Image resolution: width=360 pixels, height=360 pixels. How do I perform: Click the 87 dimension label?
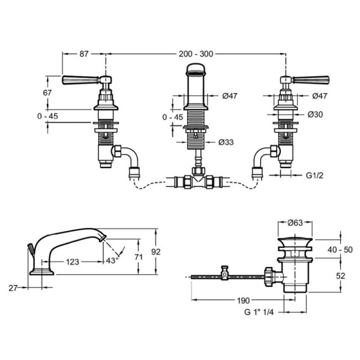pos(84,54)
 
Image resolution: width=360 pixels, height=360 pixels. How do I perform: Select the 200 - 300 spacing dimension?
pos(196,54)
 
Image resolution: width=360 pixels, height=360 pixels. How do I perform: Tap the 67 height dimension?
pos(47,93)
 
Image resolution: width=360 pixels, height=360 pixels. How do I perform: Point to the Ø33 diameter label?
pos(226,142)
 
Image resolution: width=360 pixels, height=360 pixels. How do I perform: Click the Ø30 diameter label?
pos(315,114)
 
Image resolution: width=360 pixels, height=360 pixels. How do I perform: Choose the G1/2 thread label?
pos(314,175)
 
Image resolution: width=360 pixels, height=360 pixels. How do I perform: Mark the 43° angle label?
pos(112,260)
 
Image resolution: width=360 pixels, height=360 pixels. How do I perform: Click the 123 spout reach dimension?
pos(73,262)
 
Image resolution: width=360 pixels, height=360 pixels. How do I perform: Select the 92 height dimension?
pos(156,252)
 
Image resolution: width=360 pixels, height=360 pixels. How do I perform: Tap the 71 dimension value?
pos(139,257)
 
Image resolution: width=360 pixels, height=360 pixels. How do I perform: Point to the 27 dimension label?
pos(13,288)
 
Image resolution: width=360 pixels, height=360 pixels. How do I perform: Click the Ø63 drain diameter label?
pos(295,223)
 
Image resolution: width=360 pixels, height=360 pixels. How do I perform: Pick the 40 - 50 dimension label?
pos(340,250)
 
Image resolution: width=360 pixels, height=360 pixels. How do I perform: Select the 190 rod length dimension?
pos(243,301)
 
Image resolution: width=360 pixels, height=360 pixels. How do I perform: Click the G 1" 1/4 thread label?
pos(259,312)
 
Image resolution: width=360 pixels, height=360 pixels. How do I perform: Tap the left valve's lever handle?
pos(81,80)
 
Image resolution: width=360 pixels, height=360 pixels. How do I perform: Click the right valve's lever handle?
pos(310,80)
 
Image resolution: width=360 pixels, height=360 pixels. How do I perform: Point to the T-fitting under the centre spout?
pos(199,179)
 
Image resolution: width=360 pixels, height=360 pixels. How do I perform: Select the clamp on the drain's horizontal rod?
pos(224,273)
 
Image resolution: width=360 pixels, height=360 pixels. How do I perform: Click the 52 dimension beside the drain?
pos(341,276)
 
